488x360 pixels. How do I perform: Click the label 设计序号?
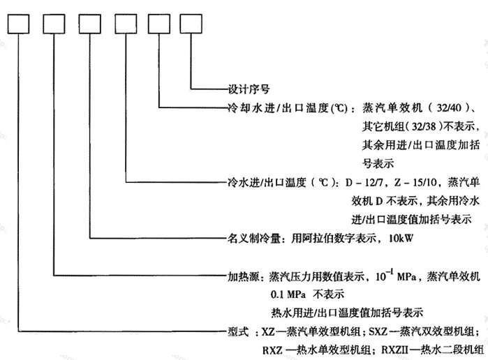(x=249, y=89)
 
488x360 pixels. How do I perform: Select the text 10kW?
(x=401, y=239)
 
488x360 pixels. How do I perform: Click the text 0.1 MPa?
(x=288, y=294)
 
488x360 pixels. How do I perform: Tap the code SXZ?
(x=378, y=331)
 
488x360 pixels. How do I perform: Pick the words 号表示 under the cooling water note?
(x=378, y=164)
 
